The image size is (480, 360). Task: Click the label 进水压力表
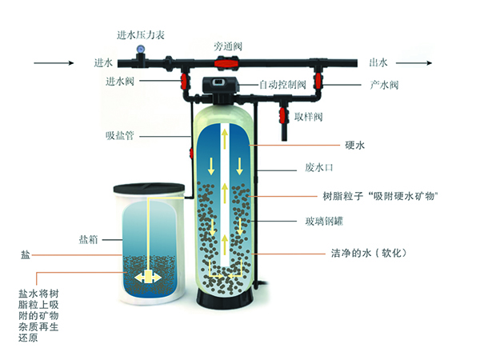(142, 34)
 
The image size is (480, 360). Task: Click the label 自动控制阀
(284, 84)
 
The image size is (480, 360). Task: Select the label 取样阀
(307, 117)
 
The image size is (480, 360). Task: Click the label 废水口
(319, 170)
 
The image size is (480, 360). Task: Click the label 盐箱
(89, 238)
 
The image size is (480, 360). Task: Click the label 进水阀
(118, 81)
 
